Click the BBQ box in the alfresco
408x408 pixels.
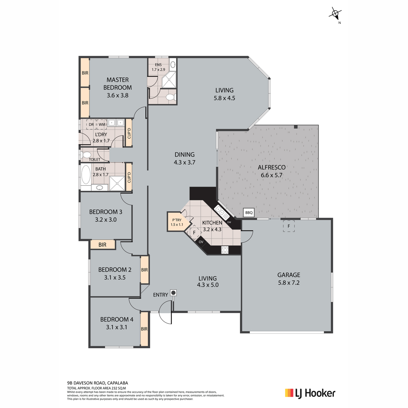pyautogui.click(x=249, y=213)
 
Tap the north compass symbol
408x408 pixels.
pyautogui.click(x=336, y=15)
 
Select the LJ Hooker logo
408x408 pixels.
pyautogui.click(x=310, y=393)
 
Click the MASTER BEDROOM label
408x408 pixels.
pyautogui.click(x=118, y=84)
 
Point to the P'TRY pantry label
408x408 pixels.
pyautogui.click(x=177, y=220)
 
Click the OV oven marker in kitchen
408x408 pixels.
pyautogui.click(x=201, y=242)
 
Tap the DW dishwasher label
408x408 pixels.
pyautogui.click(x=229, y=222)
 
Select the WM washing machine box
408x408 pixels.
pyautogui.click(x=102, y=124)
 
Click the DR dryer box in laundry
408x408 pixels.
pyautogui.click(x=91, y=124)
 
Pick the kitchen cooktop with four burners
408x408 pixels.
pyautogui.click(x=225, y=250)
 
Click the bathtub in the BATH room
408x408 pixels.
pyautogui.click(x=86, y=174)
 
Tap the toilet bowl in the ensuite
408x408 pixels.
pyautogui.click(x=171, y=97)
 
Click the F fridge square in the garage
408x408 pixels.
pyautogui.click(x=289, y=226)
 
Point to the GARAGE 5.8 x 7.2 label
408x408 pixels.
pyautogui.click(x=289, y=279)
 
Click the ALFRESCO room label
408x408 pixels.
pyautogui.click(x=272, y=167)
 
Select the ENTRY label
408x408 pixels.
pyautogui.click(x=160, y=295)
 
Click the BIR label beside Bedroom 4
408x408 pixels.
pyautogui.click(x=144, y=329)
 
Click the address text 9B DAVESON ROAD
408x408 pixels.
pyautogui.click(x=86, y=383)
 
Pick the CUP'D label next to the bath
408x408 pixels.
pyautogui.click(x=129, y=177)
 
